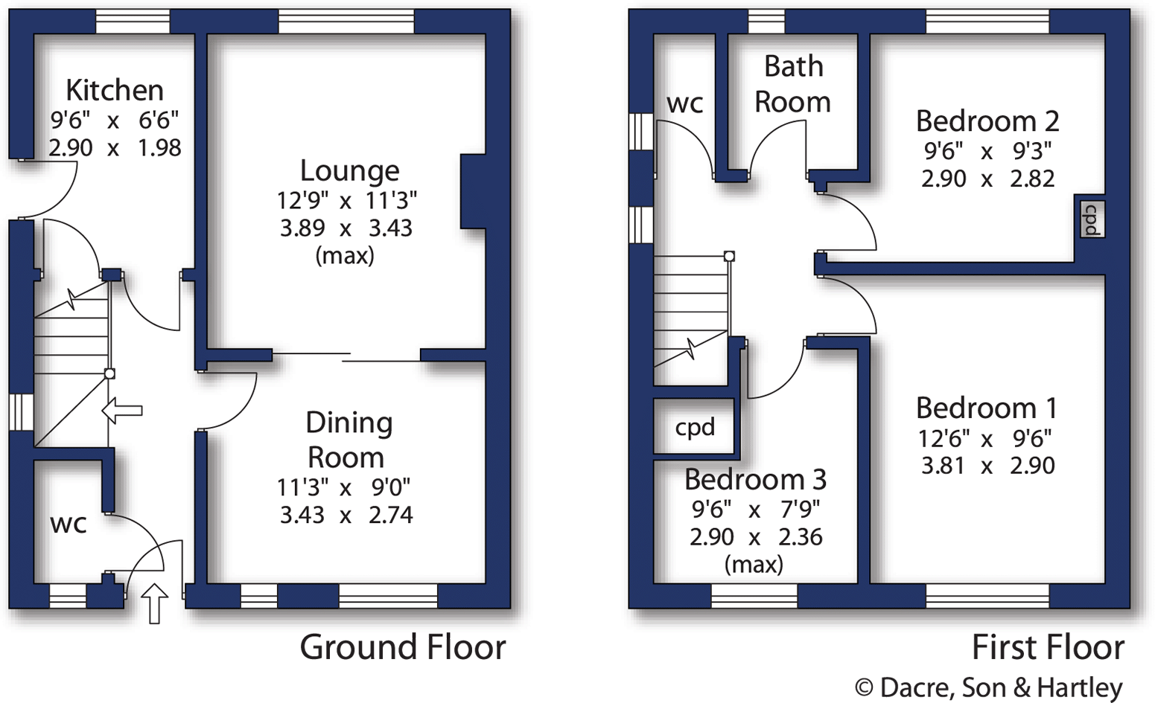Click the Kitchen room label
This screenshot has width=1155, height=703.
click(x=115, y=90)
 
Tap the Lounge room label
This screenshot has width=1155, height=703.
click(x=349, y=170)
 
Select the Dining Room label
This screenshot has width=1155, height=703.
click(x=349, y=440)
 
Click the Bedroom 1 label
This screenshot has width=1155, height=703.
click(x=986, y=408)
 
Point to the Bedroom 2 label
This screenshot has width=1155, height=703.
click(x=987, y=121)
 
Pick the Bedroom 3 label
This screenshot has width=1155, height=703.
click(x=755, y=479)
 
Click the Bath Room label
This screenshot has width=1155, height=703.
click(x=793, y=84)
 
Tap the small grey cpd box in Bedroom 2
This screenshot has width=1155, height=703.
click(x=1091, y=219)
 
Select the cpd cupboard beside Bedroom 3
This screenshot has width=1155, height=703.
click(x=694, y=427)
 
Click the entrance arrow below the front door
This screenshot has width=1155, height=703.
click(x=154, y=603)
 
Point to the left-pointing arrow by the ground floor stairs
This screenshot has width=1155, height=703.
click(x=121, y=410)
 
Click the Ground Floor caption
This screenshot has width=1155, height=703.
click(x=402, y=647)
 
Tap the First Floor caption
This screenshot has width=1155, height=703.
click(x=1048, y=647)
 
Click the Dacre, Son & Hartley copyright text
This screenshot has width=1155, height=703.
click(x=988, y=687)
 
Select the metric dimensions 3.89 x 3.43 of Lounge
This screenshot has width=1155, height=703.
click(x=346, y=228)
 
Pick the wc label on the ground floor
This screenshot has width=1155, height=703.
click(x=69, y=524)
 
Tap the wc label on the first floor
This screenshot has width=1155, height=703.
click(x=684, y=103)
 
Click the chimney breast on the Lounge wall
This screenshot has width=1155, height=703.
click(x=473, y=191)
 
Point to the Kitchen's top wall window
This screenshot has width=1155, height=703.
click(x=133, y=22)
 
